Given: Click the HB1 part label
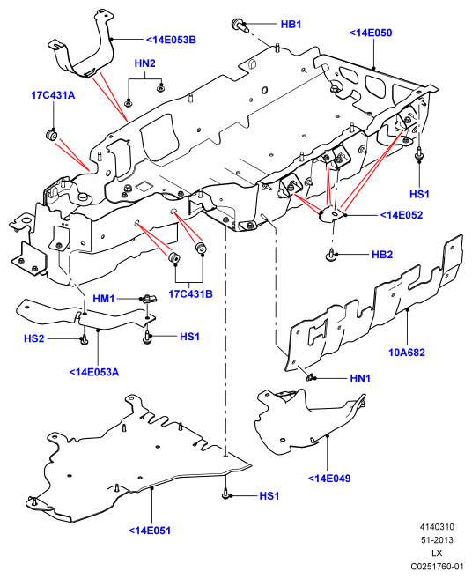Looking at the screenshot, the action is tap(291, 25).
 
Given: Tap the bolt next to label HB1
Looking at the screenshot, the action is tap(239, 25).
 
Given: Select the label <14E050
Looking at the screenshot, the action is tap(371, 33).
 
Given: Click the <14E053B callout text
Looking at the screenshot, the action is tap(171, 40).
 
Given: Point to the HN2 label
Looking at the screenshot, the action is tap(144, 63).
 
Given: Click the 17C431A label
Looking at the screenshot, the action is tap(53, 95).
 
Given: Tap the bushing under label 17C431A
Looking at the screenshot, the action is tap(51, 135).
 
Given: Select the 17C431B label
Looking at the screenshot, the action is tap(190, 294).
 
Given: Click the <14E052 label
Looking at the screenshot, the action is tap(402, 215).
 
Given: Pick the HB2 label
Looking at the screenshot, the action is tap(382, 255).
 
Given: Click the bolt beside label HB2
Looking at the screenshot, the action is tap(331, 255).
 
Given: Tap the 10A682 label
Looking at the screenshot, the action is tap(407, 353).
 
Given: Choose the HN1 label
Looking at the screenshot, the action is tap(360, 378).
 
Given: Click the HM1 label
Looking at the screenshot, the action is tap(104, 299).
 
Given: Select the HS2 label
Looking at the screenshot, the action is tap(34, 338).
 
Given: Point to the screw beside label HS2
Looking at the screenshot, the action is tap(84, 339).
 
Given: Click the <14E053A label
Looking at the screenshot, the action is tap(94, 372).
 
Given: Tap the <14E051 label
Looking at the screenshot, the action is tap(150, 531).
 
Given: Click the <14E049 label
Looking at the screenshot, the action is tap(329, 479).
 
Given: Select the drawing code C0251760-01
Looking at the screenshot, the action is tap(437, 567).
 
